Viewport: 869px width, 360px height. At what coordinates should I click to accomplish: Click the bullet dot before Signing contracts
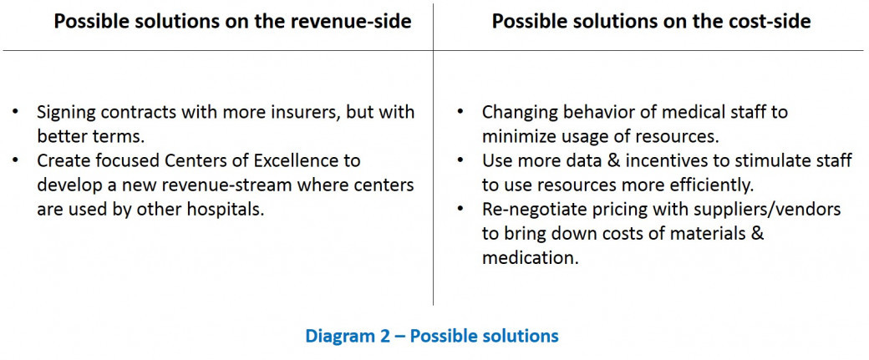[x=15, y=112]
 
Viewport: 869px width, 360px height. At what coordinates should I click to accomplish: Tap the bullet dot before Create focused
[x=15, y=160]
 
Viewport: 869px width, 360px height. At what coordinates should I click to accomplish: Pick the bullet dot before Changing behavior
[x=460, y=112]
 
